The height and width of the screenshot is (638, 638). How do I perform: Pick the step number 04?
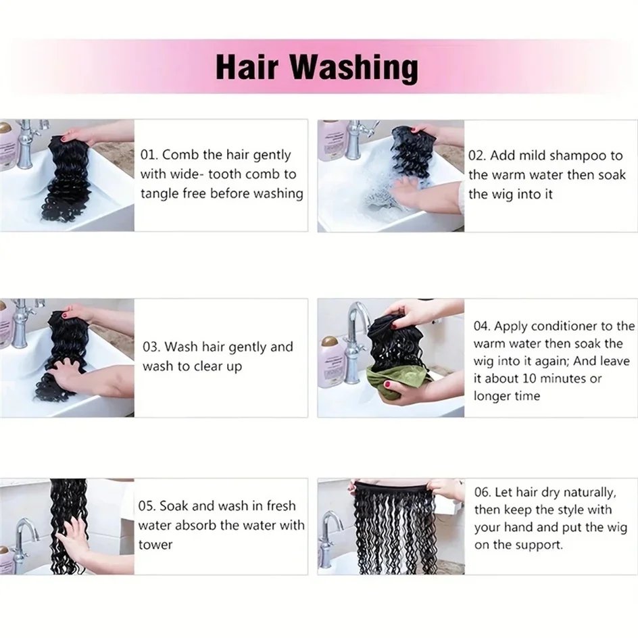tap(482, 326)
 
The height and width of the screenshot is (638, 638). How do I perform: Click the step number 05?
tap(147, 506)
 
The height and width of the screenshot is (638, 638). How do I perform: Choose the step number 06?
tap(483, 492)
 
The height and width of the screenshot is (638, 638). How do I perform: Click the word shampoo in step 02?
tap(572, 157)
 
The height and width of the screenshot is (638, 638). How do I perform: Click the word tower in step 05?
tap(155, 545)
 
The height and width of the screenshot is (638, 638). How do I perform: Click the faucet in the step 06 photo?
tap(328, 537)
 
